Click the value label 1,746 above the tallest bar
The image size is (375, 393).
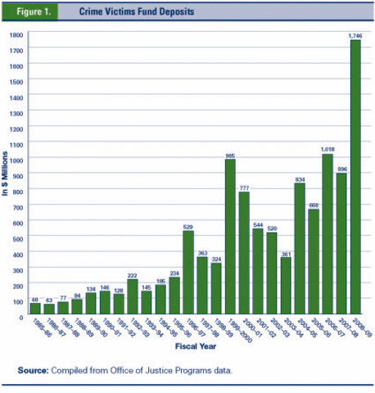pos(355,35)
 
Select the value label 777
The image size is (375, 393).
pos(244,188)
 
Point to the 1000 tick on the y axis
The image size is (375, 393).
pos(16,160)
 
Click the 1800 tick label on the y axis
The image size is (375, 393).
pos(16,35)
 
